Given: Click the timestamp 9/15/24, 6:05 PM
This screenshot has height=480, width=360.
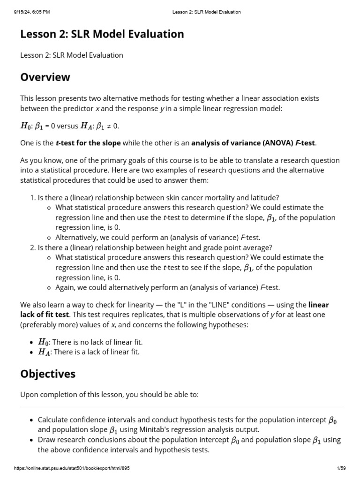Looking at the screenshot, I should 32,12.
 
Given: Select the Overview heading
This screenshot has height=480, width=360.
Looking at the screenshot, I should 45,77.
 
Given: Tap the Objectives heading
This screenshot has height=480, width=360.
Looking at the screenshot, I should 47,374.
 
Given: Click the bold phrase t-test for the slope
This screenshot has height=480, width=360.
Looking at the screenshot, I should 88,142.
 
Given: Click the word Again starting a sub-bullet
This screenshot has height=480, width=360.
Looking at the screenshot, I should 65,287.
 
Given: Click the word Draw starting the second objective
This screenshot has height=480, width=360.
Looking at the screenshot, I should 46,440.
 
